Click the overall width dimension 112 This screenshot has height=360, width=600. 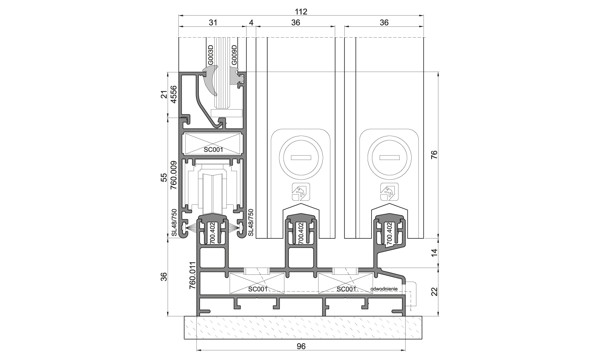point(301,12)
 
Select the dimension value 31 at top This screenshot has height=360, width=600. point(213,23)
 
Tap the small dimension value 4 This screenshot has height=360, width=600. point(251,23)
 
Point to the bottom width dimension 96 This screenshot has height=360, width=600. point(301,346)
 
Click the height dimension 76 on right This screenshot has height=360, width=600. point(434,155)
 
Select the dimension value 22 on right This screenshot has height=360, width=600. point(434,291)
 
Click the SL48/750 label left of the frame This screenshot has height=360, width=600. point(174,222)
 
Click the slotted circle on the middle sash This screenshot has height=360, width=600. point(301,157)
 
